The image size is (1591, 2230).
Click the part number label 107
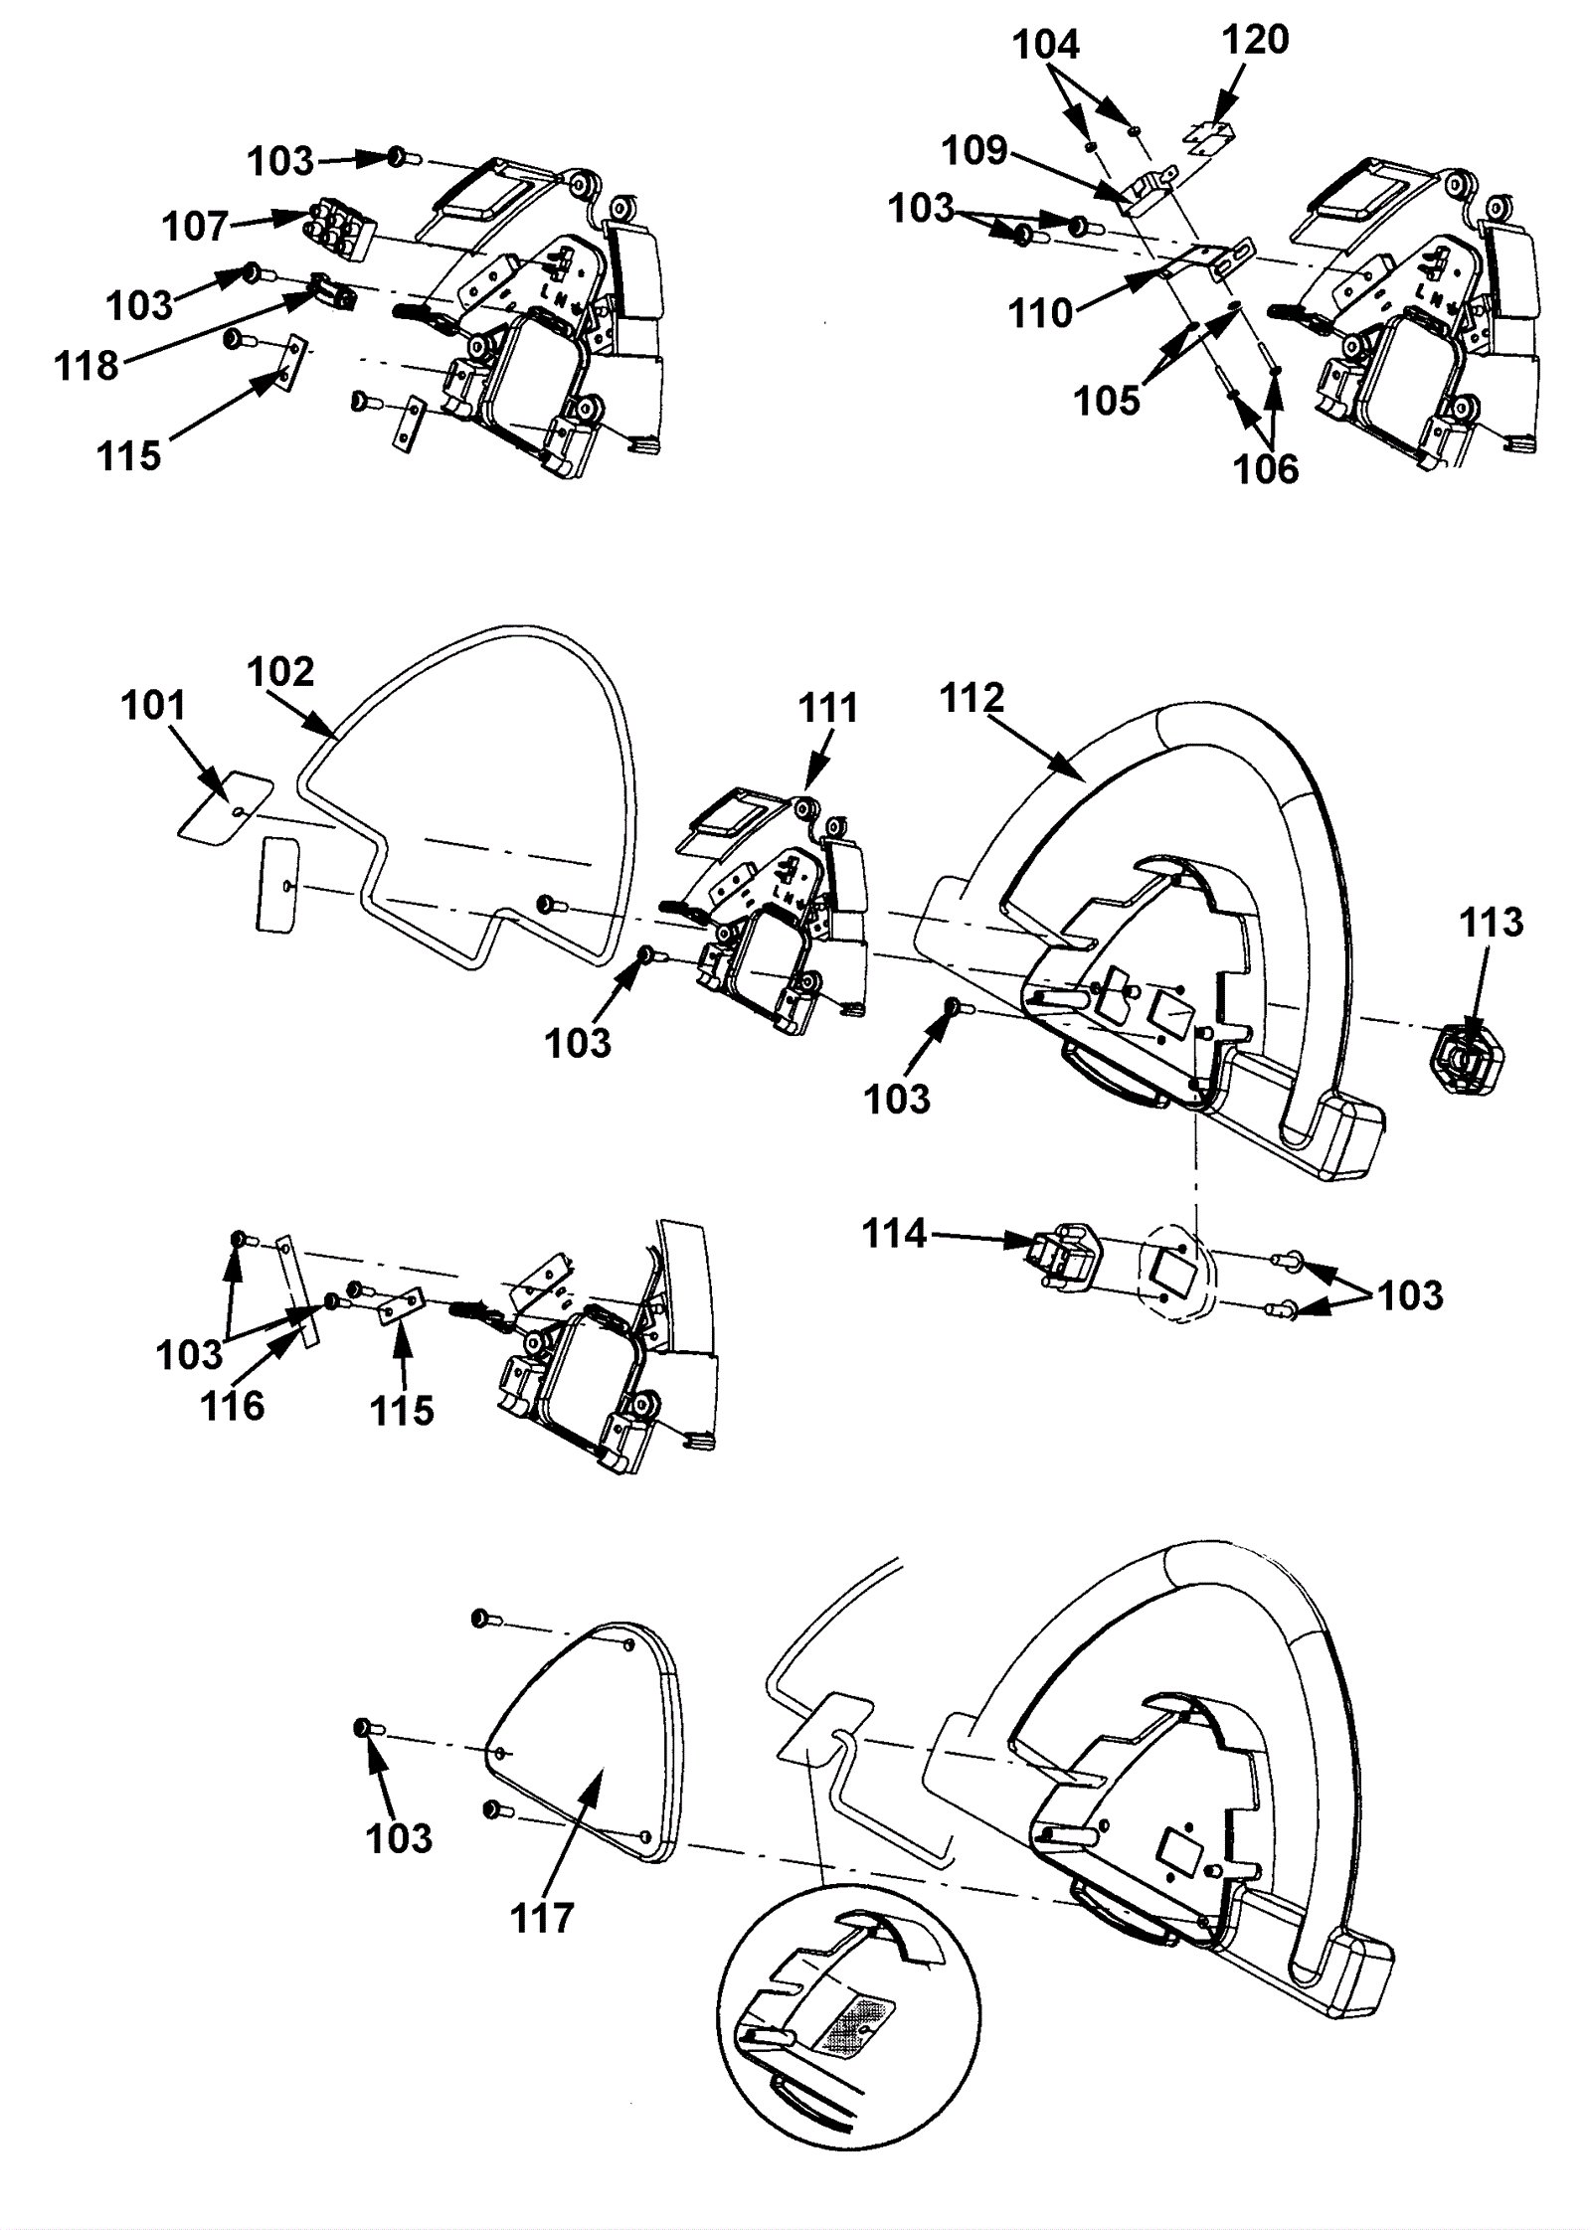pos(196,227)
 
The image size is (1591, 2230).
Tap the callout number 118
pos(87,366)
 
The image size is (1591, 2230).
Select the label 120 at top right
pos(1256,40)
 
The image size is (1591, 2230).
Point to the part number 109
pos(975,151)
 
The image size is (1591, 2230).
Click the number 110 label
pos(1041,313)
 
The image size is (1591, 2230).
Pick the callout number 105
pos(1107,402)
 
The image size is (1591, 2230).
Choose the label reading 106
pos(1267,468)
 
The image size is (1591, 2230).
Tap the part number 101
pos(153,706)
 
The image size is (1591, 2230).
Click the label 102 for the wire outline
pos(281,671)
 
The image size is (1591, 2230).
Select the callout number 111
pos(828,708)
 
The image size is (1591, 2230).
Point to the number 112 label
pos(972,698)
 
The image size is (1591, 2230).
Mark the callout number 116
pos(233,1406)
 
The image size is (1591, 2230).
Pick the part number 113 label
pos(1492,923)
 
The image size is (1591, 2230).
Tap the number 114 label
pos(895,1234)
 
